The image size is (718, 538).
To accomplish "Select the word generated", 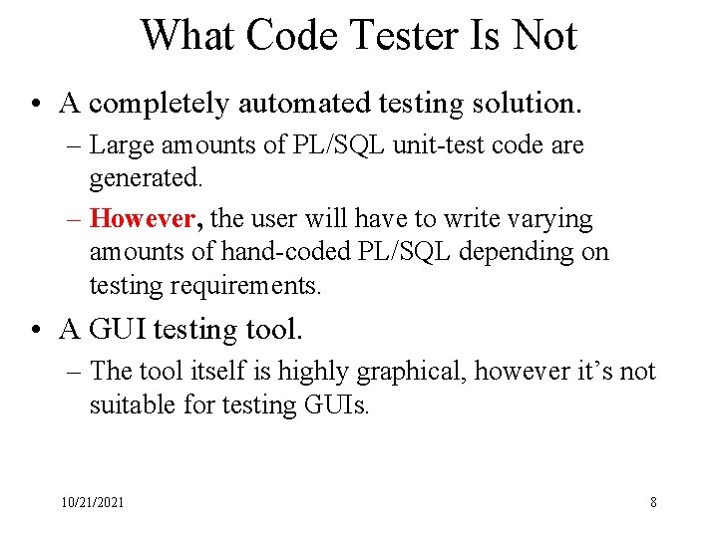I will [x=146, y=179].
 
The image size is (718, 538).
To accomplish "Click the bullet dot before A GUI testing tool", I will [x=36, y=329].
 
